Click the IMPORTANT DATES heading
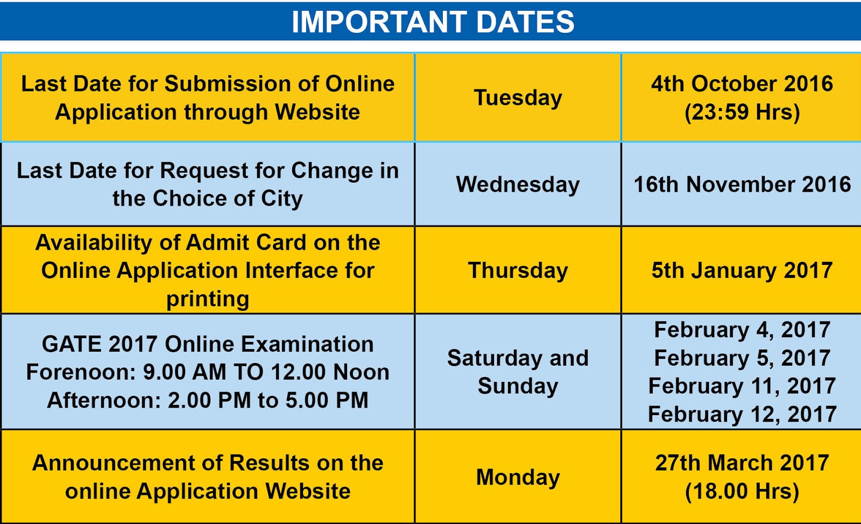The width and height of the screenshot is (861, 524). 433,22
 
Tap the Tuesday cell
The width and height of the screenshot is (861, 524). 518,97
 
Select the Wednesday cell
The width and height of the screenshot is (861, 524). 518,184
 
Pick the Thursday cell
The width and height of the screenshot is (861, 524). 518,270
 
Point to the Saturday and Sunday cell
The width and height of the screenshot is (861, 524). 518,372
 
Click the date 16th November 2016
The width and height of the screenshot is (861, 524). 742,184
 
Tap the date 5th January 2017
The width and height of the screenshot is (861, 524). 742,270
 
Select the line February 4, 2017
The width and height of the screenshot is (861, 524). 742,330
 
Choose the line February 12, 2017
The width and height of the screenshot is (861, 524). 742,414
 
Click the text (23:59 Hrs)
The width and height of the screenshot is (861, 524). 742,112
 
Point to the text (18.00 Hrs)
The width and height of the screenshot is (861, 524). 742,491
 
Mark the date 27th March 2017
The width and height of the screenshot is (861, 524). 742,463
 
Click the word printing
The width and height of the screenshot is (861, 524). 208,299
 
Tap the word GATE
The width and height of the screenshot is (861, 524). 72,344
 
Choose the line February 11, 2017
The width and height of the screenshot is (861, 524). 742,386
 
